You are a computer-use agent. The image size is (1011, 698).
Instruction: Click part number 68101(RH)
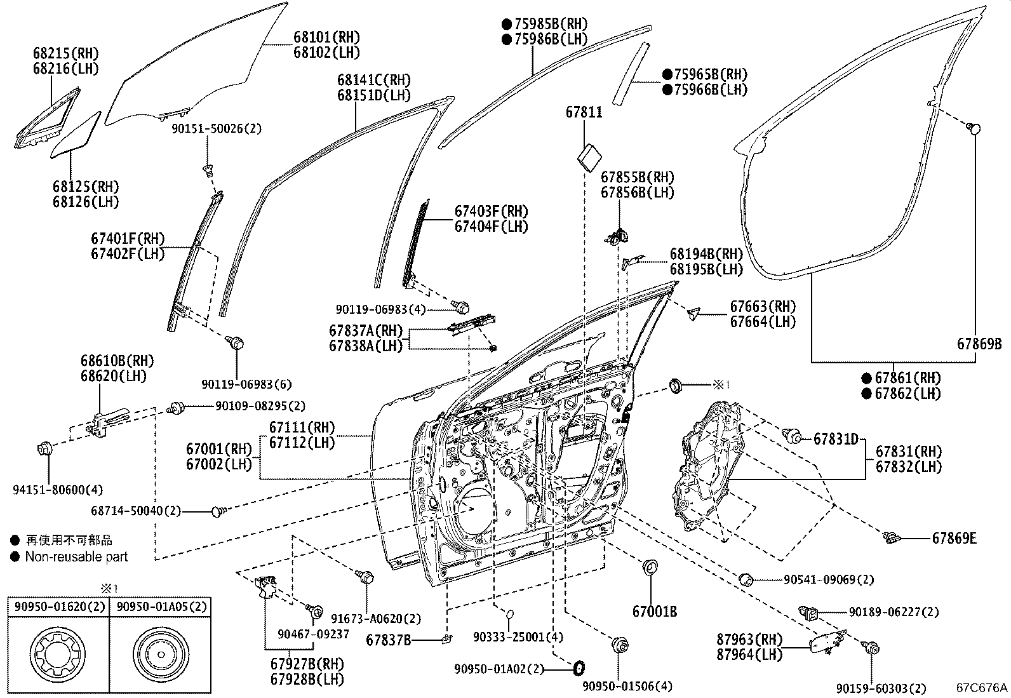tap(326, 37)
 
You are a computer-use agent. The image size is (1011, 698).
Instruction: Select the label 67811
tap(584, 112)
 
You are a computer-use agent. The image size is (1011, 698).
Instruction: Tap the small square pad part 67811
tap(591, 155)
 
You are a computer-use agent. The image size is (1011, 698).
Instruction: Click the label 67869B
tap(979, 344)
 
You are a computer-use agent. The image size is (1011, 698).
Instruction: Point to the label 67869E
tap(954, 539)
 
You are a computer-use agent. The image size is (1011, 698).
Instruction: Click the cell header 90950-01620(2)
tap(57, 607)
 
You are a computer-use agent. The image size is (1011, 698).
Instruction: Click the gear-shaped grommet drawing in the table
tap(57, 654)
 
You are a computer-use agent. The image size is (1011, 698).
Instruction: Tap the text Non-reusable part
tap(76, 557)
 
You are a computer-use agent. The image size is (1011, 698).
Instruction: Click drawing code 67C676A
tap(982, 687)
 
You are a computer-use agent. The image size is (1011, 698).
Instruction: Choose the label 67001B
tap(654, 612)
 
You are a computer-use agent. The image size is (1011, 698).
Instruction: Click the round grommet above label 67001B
tap(650, 567)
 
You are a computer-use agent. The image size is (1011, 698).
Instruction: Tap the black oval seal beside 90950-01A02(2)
tap(579, 668)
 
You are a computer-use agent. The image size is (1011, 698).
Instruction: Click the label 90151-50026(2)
tap(216, 128)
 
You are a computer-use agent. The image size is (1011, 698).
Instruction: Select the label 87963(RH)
tap(749, 640)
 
